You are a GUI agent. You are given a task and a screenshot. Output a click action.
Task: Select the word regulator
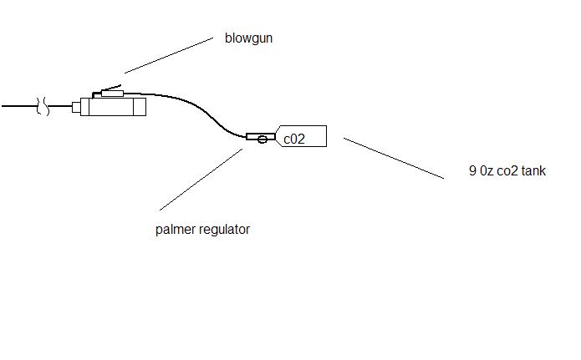222,230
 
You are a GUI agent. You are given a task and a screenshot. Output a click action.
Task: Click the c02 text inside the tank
294,139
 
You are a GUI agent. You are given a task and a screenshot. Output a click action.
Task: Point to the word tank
533,171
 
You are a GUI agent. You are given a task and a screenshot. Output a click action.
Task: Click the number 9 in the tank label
472,171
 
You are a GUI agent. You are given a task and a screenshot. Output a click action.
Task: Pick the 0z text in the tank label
486,171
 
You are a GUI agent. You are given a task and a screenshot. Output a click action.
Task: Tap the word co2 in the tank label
507,171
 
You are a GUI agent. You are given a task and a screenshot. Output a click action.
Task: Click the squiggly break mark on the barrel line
42,107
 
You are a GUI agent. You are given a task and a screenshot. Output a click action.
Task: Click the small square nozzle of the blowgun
75,107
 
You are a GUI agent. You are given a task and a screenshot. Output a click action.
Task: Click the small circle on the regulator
263,138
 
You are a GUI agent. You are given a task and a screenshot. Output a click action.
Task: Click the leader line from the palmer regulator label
201,179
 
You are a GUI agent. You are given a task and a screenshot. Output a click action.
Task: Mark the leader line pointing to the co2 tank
393,158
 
